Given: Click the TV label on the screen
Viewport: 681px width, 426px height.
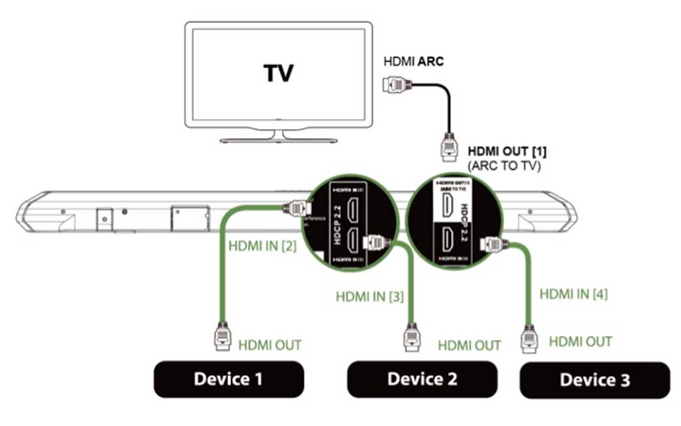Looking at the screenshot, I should click(x=279, y=73).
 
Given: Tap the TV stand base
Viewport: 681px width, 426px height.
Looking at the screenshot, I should click(x=279, y=140).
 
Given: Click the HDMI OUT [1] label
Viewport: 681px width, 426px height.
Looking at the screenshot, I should click(x=507, y=152).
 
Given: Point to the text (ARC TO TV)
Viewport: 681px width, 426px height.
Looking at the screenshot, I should click(x=506, y=166).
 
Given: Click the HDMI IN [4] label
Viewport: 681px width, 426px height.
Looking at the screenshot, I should click(x=573, y=293).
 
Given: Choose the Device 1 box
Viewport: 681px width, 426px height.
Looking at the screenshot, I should click(x=228, y=379).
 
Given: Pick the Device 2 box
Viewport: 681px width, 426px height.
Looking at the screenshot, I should click(x=422, y=379).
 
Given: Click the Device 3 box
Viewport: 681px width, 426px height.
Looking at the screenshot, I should click(x=595, y=380).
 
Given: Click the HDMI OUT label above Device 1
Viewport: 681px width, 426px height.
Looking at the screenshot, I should click(x=270, y=345).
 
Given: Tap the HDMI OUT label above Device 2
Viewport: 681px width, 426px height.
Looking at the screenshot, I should click(x=470, y=345).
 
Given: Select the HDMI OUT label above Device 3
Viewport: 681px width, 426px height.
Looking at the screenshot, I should click(x=580, y=341).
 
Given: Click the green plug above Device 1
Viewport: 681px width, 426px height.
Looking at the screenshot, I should click(x=221, y=335).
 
